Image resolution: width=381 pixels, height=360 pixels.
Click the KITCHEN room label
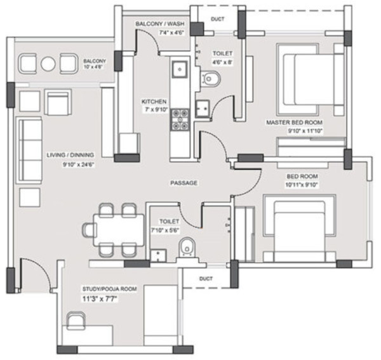coord(154,102)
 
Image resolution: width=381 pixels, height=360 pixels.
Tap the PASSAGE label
coord(184,183)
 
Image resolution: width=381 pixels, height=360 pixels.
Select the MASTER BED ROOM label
coord(295,122)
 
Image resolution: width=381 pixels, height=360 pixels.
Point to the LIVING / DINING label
coord(70,154)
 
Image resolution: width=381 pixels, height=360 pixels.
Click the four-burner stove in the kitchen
coord(179,119)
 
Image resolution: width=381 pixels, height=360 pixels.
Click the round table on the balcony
coord(49,63)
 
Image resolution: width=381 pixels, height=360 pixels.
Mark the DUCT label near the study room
coord(204,278)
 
